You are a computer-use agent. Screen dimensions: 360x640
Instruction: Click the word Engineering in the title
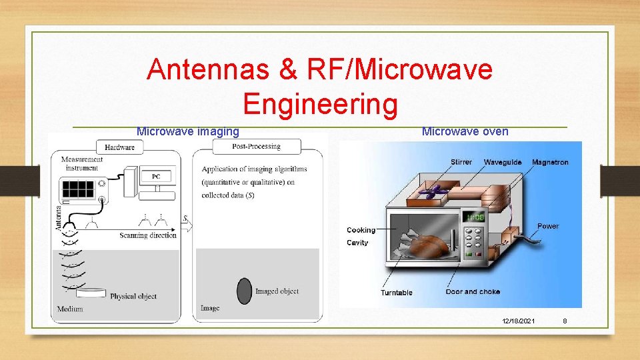click(x=320, y=104)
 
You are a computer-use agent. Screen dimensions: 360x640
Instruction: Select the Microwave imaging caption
click(x=187, y=131)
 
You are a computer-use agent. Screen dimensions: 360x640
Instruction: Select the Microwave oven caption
click(x=465, y=131)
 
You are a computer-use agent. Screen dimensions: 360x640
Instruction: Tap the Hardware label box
click(x=120, y=147)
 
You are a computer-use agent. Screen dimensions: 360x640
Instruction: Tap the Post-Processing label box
click(x=257, y=147)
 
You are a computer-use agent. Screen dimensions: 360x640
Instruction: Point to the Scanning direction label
click(x=148, y=235)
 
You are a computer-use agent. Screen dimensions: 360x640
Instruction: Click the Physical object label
click(x=133, y=296)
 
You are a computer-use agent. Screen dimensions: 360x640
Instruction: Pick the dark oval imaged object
click(x=245, y=291)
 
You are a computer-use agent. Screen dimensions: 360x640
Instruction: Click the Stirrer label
click(x=461, y=162)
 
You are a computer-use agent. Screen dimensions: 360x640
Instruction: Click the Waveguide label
click(x=503, y=162)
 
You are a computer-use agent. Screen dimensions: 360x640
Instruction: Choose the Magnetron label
click(x=550, y=162)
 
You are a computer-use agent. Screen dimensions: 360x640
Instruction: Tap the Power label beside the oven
click(x=548, y=226)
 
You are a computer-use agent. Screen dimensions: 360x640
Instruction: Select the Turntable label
click(x=397, y=293)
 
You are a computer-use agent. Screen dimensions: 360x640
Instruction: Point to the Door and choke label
click(x=473, y=292)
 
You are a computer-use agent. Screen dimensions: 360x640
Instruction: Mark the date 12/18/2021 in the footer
click(x=518, y=321)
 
